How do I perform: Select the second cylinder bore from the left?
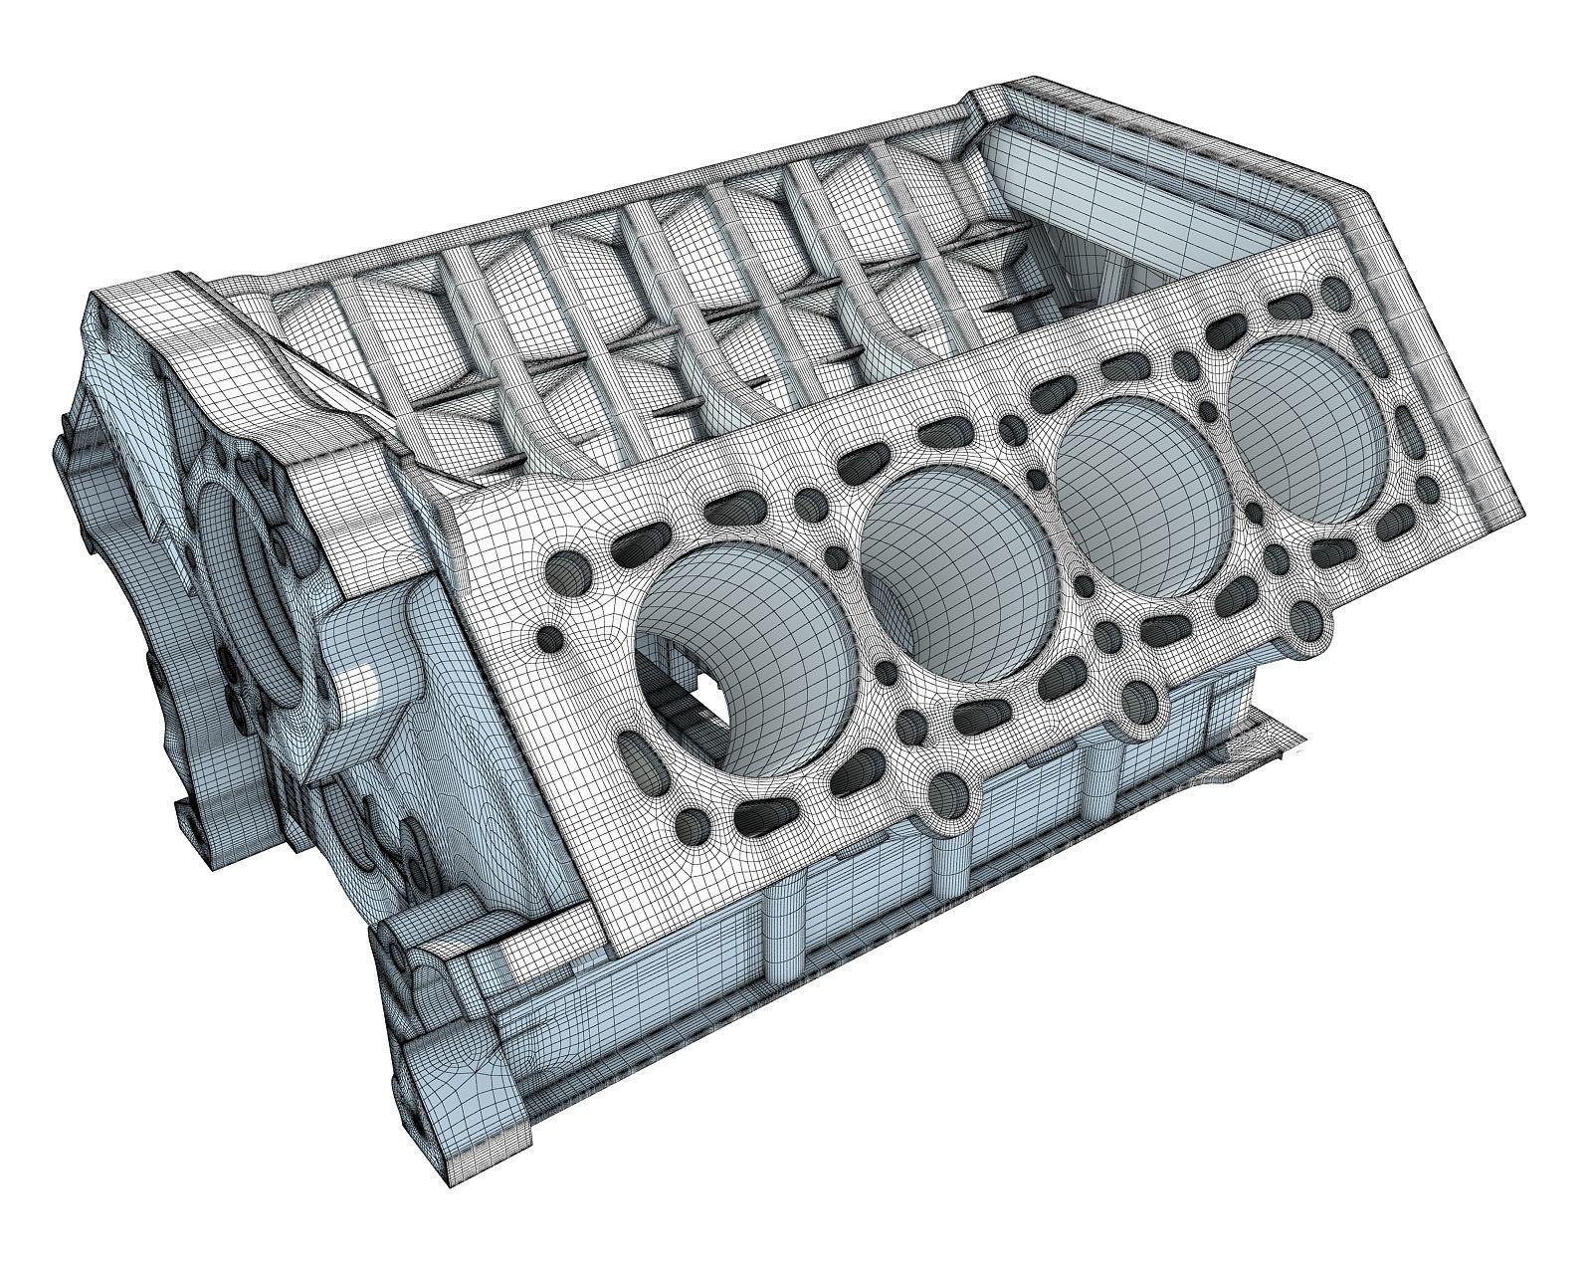[x=955, y=577]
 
